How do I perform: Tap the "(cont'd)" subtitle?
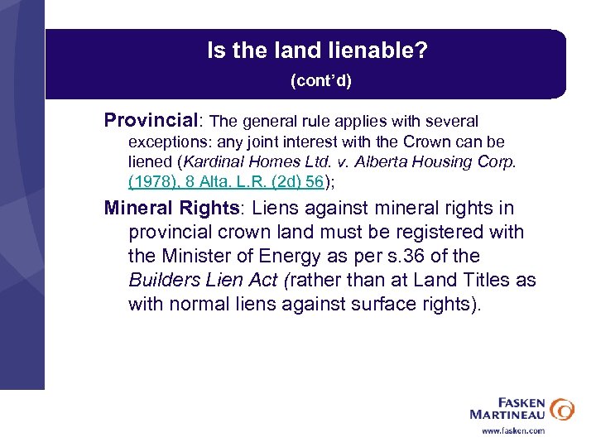click(x=320, y=81)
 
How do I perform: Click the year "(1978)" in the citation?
click(x=150, y=181)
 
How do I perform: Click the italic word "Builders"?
click(x=164, y=280)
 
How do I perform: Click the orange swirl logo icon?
click(x=561, y=409)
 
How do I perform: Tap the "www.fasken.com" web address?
click(x=513, y=430)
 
